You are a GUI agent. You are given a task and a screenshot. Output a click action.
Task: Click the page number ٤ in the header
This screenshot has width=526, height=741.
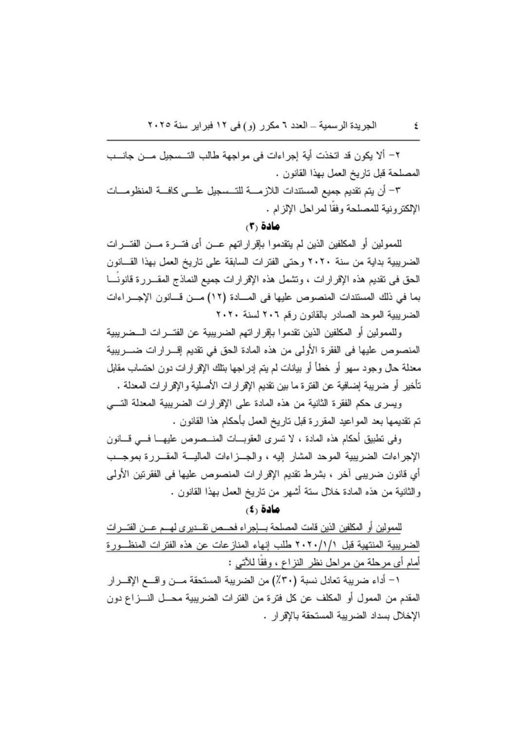(x=415, y=125)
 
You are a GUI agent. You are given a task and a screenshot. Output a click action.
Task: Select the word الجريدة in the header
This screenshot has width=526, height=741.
(x=363, y=125)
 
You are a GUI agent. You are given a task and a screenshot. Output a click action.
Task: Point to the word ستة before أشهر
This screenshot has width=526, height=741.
(x=261, y=492)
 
